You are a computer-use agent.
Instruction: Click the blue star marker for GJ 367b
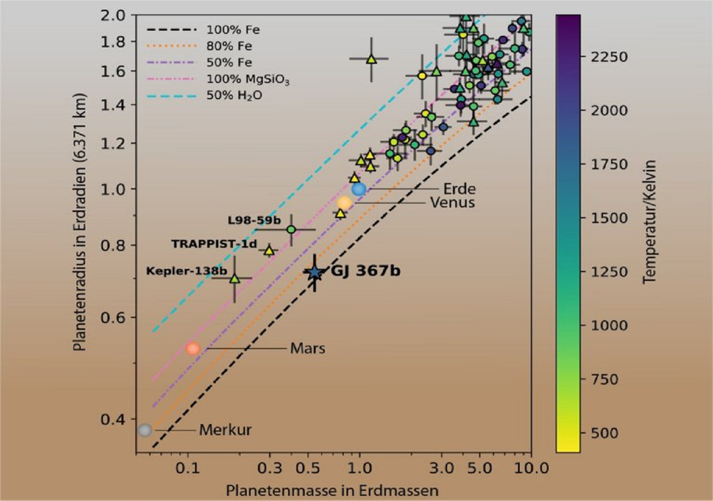point(315,273)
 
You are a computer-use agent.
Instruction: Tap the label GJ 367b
point(365,271)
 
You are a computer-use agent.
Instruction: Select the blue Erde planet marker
point(359,189)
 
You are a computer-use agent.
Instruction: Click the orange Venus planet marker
point(345,202)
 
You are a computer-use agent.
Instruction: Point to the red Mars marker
point(193,348)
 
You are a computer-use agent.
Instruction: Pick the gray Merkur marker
point(145,430)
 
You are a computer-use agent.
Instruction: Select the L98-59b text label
point(254,220)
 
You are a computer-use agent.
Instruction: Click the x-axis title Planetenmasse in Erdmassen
point(333,490)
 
